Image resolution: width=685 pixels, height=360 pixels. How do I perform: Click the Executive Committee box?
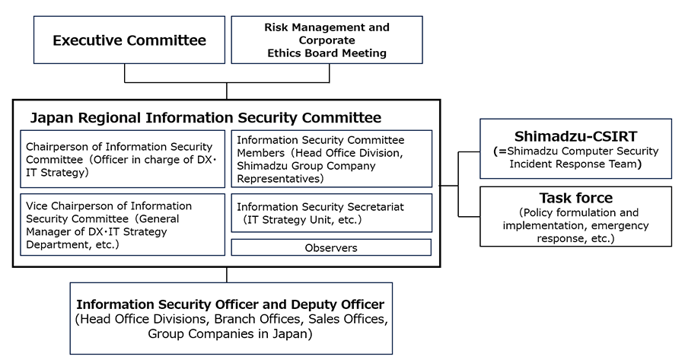point(129,40)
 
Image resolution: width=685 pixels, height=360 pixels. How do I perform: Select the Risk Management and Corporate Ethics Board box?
point(327,40)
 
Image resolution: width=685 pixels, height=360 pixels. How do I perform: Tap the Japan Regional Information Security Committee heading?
point(205,118)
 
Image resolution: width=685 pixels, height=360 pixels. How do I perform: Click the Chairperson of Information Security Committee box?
point(123,158)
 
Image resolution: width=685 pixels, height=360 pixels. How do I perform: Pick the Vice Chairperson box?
point(123,225)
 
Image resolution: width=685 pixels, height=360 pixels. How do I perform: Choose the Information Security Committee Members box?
point(331,158)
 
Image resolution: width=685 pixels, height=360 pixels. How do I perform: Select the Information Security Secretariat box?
point(331,213)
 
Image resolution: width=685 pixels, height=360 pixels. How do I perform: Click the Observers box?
point(331,247)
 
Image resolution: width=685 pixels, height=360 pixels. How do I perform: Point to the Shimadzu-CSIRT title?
point(575,137)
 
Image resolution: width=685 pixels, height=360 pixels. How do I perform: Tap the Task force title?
point(575,198)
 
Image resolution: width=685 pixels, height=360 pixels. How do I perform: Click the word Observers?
point(331,247)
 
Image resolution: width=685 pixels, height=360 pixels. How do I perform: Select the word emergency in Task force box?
point(620,225)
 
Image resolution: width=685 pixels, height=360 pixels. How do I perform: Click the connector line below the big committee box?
point(227,275)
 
